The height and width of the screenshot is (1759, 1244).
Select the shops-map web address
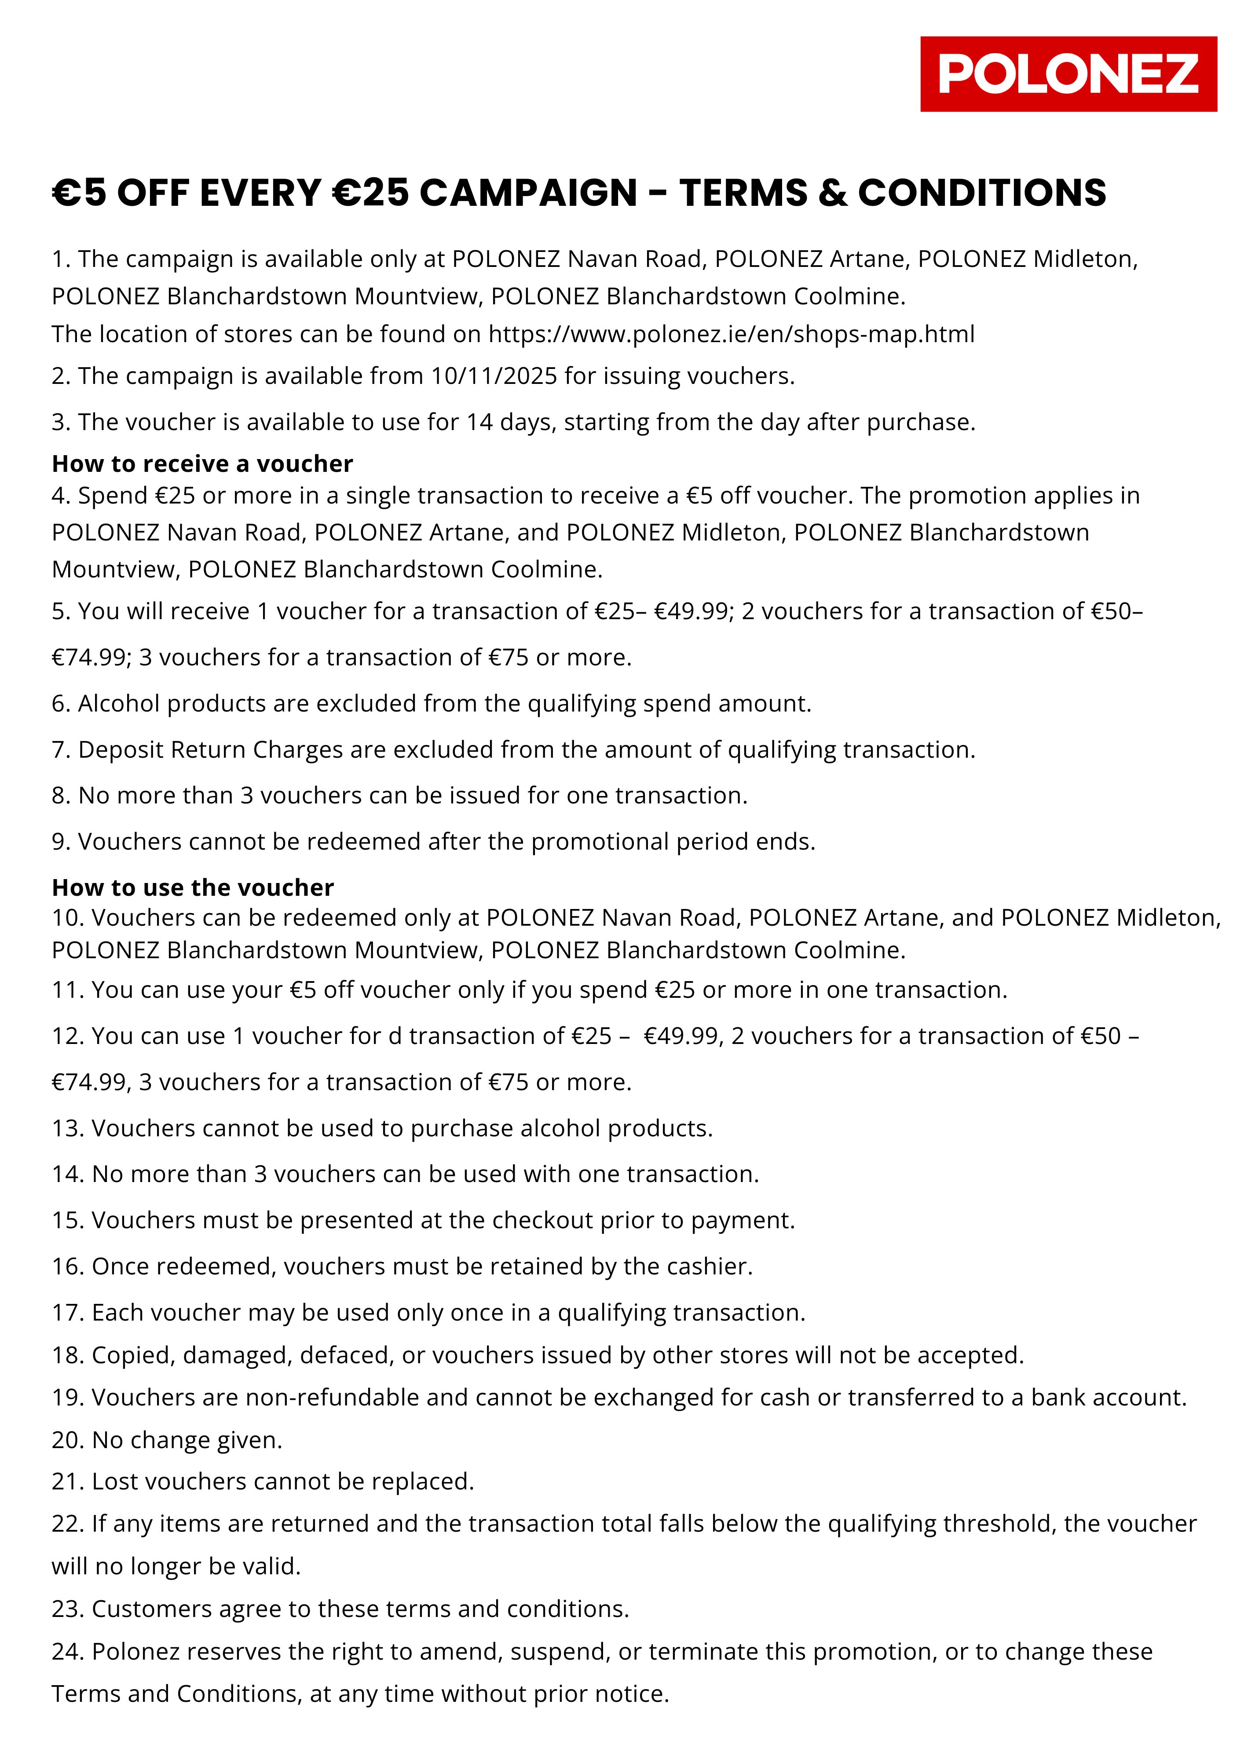click(731, 335)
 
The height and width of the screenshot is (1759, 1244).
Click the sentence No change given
click(186, 1440)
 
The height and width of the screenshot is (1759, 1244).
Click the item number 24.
click(66, 1651)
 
